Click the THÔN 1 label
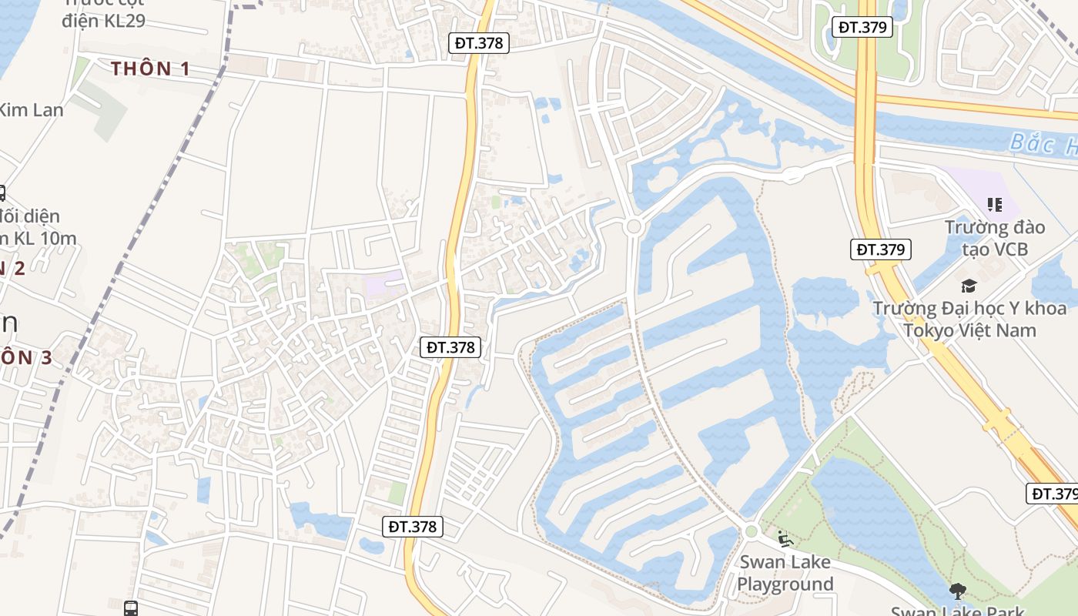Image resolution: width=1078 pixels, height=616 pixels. pos(150,69)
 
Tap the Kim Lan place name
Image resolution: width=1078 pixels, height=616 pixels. pos(31,110)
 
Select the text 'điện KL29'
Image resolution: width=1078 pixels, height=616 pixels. pos(103,20)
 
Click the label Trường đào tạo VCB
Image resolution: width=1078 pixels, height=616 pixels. pos(995,238)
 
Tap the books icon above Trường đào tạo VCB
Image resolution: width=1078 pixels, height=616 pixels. pos(995,205)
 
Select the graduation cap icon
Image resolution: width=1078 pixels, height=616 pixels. pos(969,286)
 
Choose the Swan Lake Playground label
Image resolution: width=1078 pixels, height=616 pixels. pos(785,573)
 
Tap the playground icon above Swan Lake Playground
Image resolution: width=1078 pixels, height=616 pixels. pos(785,539)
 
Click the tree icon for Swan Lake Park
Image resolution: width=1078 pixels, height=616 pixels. pos(958,591)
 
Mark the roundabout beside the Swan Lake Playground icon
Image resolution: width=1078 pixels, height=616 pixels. pos(752,531)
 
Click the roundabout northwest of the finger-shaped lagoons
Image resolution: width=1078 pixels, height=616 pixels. pos(634,226)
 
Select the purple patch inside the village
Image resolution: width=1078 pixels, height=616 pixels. pos(383,285)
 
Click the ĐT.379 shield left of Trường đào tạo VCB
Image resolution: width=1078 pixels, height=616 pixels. pos(881,249)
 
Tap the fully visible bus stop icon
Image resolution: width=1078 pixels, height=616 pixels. pos(131,608)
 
